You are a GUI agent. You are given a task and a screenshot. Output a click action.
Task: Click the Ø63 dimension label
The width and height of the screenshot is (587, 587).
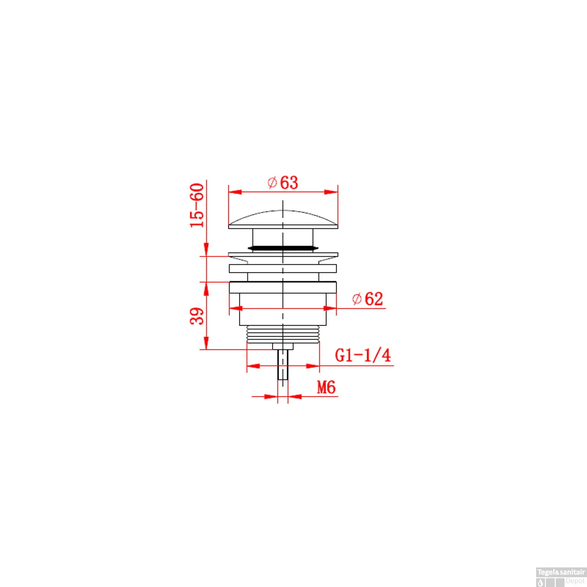pos(283,183)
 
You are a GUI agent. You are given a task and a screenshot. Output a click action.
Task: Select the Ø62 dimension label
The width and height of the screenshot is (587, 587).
pos(367,299)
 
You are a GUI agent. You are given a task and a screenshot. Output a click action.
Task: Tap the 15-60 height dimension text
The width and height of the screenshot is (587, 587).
pos(197,205)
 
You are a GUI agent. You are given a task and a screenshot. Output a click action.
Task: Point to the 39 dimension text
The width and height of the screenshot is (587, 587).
pos(197,316)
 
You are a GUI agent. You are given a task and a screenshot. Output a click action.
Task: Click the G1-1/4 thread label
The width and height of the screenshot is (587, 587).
pos(363,355)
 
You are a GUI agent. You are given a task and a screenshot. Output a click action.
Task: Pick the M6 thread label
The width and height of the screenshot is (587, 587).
pos(326,387)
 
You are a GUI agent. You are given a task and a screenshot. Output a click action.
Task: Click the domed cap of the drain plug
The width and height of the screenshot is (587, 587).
pos(283,219)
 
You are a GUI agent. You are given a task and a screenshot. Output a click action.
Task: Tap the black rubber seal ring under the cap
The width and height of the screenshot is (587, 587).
pos(283,248)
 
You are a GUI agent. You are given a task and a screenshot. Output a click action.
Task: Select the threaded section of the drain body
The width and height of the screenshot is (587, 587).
pos(283,335)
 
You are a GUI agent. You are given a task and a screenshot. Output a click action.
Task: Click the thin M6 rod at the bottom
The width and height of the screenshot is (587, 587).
pos(283,364)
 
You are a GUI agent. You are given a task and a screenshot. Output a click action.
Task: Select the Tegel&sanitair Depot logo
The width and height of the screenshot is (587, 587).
pos(561,577)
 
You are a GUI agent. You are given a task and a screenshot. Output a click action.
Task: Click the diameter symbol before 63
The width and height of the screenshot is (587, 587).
pos(272,183)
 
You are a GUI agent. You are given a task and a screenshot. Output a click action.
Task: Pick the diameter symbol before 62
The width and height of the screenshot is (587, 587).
pos(357,299)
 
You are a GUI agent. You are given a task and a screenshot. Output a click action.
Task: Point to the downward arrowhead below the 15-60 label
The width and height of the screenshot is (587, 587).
pos(207,249)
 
